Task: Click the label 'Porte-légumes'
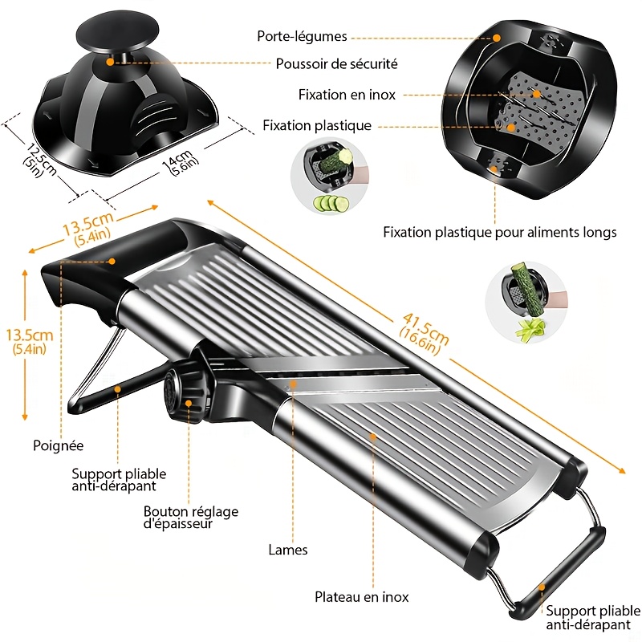click(302, 36)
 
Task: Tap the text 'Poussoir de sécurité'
click(336, 63)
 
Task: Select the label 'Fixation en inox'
click(347, 95)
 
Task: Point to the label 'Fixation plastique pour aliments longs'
click(499, 233)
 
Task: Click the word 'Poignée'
click(58, 445)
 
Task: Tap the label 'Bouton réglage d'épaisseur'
click(190, 518)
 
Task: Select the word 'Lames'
click(288, 551)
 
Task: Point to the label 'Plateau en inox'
click(361, 597)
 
